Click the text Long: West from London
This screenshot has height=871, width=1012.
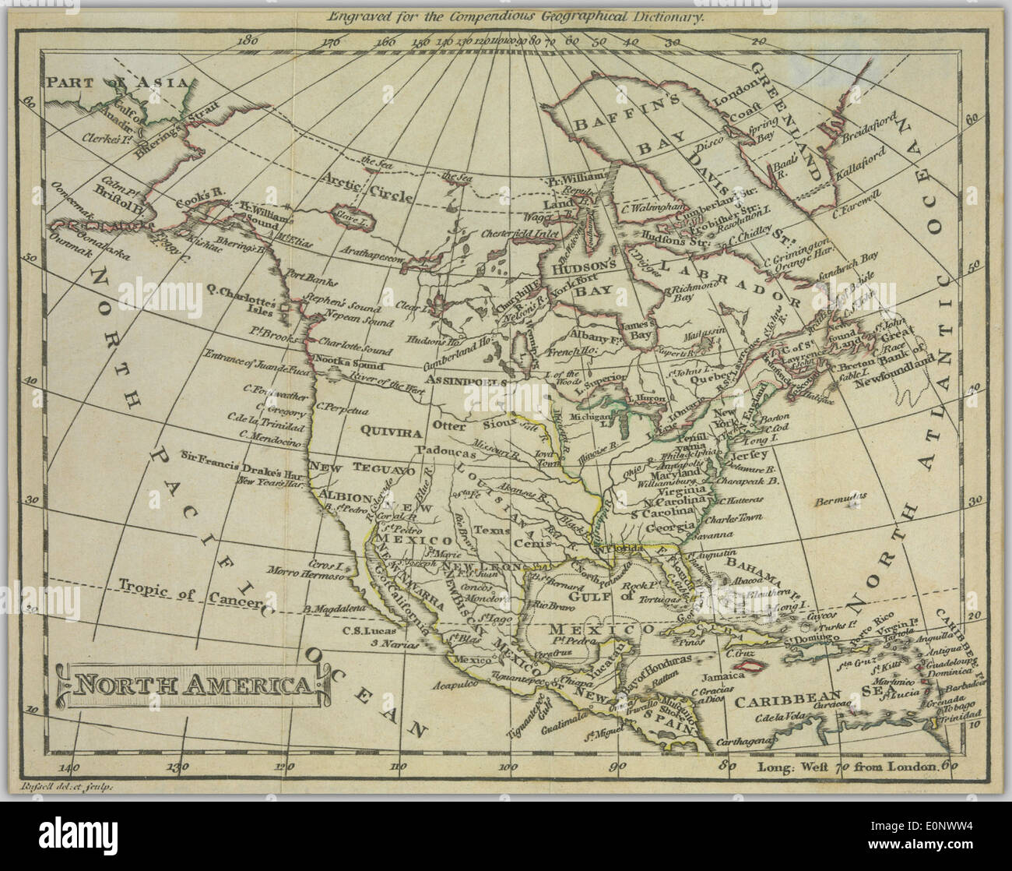[x=848, y=766]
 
